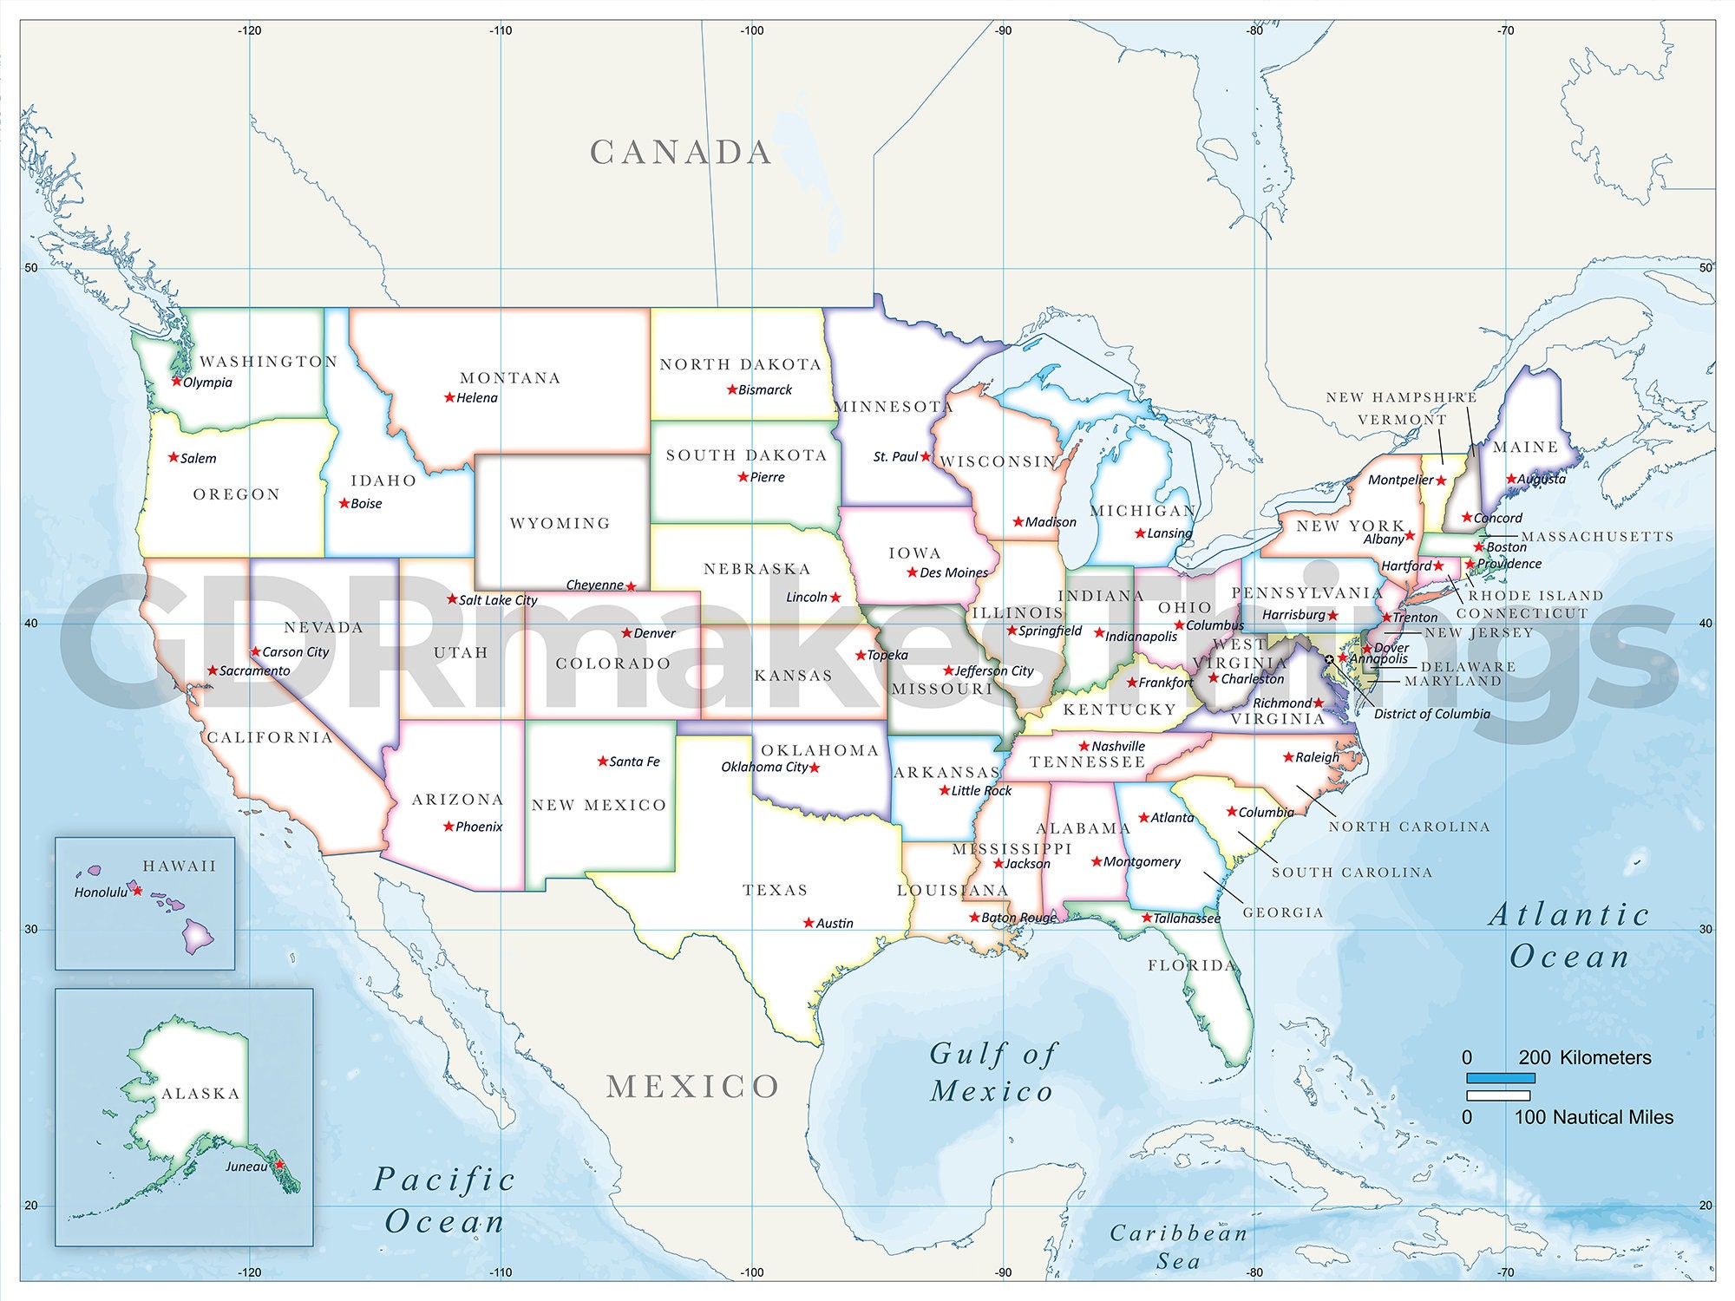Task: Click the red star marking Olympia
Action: click(177, 381)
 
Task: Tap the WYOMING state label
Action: click(560, 523)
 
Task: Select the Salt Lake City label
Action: click(498, 600)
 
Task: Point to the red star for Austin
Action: click(809, 923)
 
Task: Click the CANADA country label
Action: click(681, 153)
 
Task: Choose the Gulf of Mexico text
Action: click(992, 1073)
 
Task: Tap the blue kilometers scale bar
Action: click(1501, 1078)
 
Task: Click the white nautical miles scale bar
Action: click(1498, 1096)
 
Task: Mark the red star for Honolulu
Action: click(136, 891)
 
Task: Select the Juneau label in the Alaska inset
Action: click(246, 1167)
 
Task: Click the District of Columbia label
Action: click(1431, 714)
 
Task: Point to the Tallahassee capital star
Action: click(1146, 918)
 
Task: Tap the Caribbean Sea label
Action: click(1178, 1246)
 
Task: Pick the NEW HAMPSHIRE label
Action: click(1401, 397)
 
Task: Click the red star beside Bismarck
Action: click(732, 389)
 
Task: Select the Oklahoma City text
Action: click(764, 767)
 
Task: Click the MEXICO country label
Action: click(692, 1087)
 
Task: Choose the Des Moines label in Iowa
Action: click(953, 572)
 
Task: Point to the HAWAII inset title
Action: click(180, 866)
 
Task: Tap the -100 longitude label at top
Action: click(752, 30)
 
